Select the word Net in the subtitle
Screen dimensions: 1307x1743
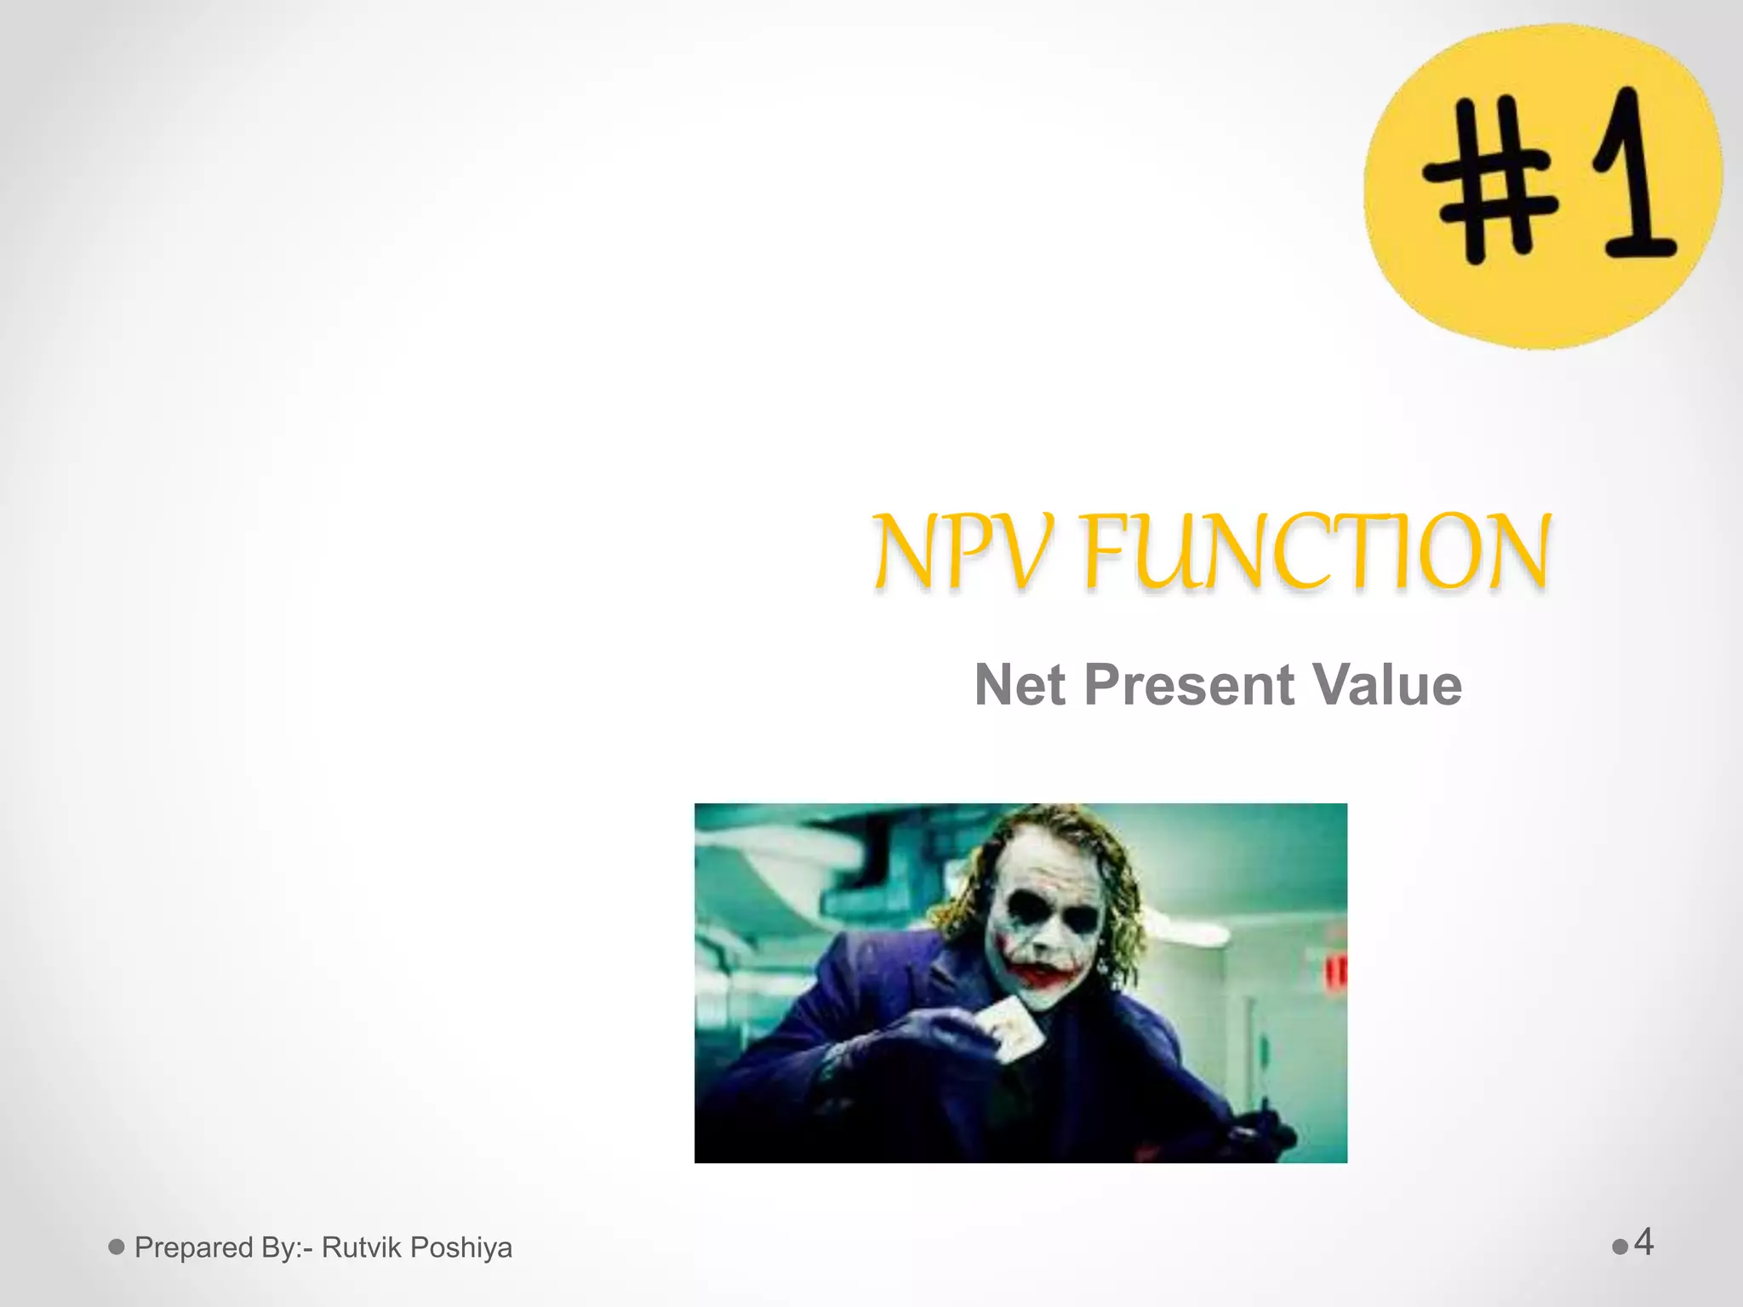click(1019, 685)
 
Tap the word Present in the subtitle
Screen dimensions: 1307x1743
click(1189, 685)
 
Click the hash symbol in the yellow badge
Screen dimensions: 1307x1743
click(1489, 179)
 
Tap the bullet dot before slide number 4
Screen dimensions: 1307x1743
click(1620, 1247)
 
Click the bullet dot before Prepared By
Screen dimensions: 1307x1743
click(117, 1247)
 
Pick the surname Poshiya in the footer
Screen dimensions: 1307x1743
click(461, 1248)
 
